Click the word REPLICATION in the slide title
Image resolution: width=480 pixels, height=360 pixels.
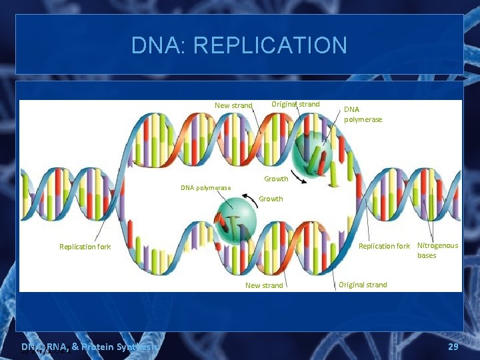[269, 45]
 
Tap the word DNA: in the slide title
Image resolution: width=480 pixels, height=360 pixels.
[158, 45]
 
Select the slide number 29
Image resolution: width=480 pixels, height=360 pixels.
[453, 347]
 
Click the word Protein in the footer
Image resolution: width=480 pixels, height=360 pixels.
[93, 347]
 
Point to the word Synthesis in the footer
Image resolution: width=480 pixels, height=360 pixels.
[137, 347]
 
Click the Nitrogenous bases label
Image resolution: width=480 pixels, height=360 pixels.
[437, 251]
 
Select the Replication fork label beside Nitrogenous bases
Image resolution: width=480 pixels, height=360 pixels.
[384, 246]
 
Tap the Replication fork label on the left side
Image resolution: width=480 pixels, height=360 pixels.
[85, 247]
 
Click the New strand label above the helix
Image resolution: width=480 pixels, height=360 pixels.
[233, 105]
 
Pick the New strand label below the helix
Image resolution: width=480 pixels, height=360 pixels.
[264, 285]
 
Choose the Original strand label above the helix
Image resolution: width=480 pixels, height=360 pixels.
[295, 104]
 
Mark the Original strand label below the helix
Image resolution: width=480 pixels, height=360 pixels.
[363, 285]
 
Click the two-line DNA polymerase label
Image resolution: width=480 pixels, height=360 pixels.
[363, 114]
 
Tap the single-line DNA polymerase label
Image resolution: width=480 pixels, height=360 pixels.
[206, 187]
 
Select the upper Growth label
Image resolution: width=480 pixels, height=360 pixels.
[276, 179]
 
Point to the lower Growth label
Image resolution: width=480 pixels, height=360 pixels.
[271, 199]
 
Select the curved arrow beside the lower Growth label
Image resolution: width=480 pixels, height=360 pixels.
[249, 197]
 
